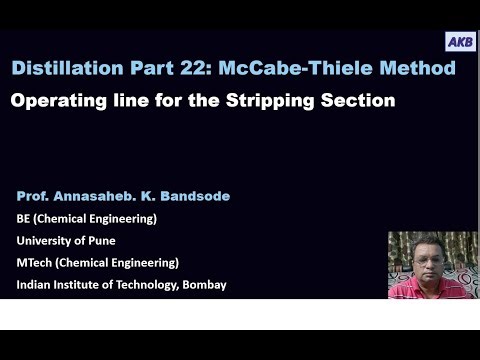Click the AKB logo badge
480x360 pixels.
point(460,42)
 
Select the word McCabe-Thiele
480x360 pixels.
point(302,69)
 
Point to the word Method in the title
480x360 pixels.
point(420,69)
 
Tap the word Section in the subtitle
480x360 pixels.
point(357,100)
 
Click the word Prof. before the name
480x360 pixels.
point(35,196)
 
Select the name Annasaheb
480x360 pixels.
point(101,196)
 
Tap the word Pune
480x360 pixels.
point(110,240)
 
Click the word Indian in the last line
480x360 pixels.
point(35,284)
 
